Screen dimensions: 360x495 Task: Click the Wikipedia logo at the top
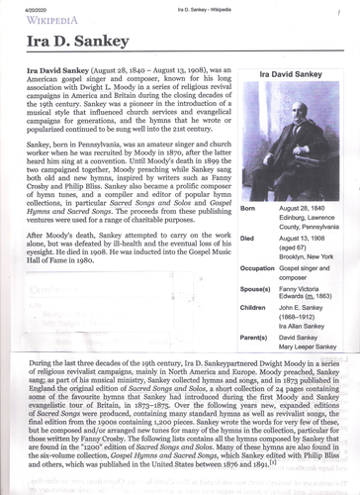pos(50,19)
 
